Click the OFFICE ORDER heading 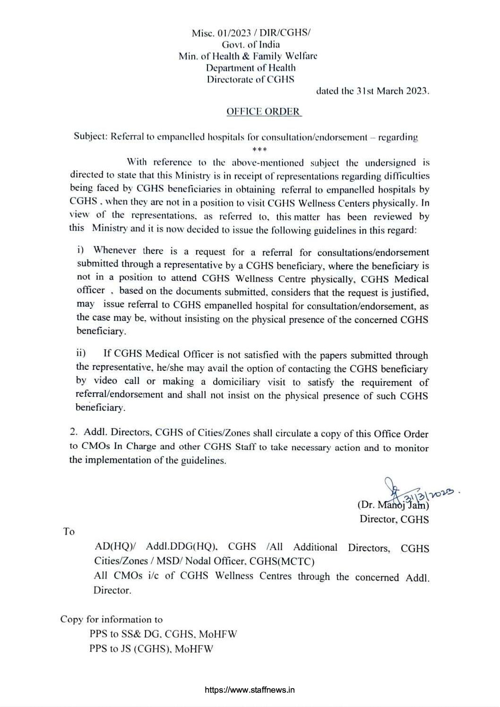point(264,111)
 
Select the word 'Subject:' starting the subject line point(90,137)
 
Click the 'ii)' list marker point(82,353)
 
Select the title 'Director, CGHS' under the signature point(394,520)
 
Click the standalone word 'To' point(69,532)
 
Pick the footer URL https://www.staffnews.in point(250,690)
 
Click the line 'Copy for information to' point(112,619)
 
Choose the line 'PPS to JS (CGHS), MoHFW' point(151,648)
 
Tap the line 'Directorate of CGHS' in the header point(250,79)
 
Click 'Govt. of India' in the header point(250,44)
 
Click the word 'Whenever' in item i point(115,250)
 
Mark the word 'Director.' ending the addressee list point(112,590)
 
